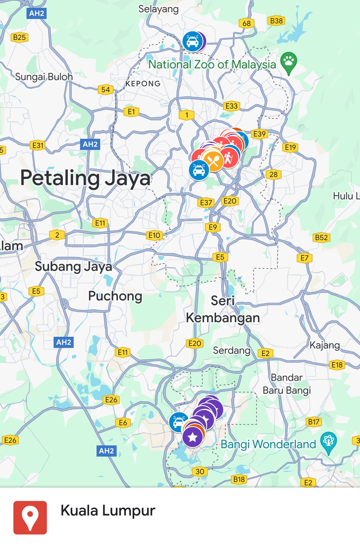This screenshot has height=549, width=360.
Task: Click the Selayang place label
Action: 159,9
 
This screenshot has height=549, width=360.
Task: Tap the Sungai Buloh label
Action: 44,77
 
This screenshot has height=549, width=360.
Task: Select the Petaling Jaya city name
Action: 85,178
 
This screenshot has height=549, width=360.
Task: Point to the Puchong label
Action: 115,296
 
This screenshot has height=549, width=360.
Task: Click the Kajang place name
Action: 325,345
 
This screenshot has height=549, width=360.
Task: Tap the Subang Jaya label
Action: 73,266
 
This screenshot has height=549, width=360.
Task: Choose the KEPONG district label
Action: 143,83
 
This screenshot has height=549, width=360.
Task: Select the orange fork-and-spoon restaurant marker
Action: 214,161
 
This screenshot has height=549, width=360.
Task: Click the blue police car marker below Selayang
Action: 193,42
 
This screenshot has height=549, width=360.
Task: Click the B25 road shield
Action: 20,37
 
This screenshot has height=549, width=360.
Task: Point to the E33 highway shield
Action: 231,106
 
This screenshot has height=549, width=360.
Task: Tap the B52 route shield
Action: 321,238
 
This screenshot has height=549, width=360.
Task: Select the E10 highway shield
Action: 154,235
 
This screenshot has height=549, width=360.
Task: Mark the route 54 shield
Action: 105,90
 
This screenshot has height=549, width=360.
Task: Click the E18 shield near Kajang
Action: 337,365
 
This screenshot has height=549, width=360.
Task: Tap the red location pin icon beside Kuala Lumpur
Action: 30,518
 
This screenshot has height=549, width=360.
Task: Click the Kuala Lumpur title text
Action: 108,511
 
